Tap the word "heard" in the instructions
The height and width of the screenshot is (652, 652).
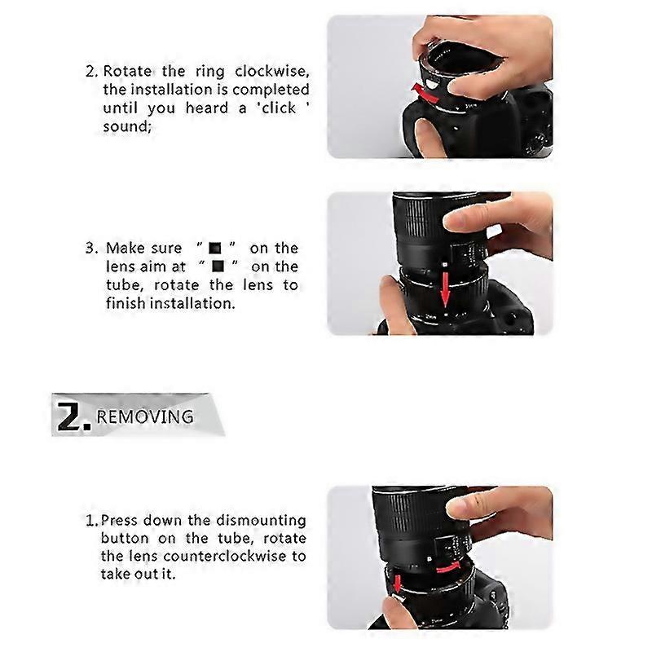point(203,108)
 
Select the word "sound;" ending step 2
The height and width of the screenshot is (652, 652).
point(127,126)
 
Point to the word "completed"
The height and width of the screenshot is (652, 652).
point(271,89)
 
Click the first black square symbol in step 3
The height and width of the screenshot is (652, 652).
point(215,248)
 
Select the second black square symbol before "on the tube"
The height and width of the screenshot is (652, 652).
point(218,267)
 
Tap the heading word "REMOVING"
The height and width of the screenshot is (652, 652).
point(145,417)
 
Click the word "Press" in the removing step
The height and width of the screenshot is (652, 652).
point(121,519)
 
